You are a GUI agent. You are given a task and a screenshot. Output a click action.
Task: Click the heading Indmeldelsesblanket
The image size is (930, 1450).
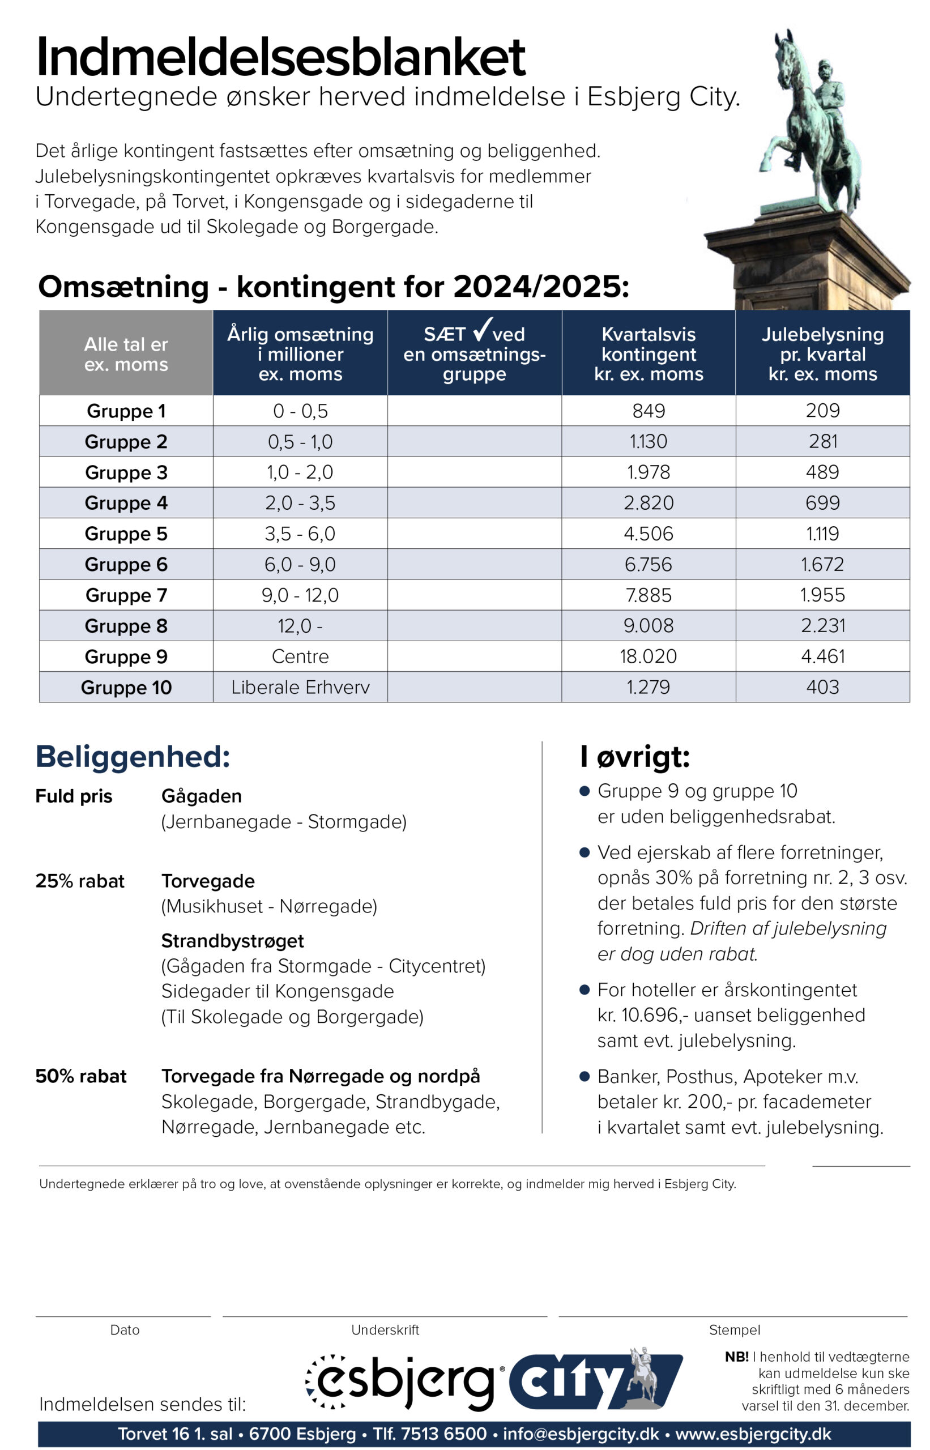(x=281, y=57)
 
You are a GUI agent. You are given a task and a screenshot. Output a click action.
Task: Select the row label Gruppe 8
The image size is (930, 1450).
(x=126, y=626)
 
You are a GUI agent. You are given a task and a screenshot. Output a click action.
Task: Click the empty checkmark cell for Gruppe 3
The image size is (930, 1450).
(x=474, y=472)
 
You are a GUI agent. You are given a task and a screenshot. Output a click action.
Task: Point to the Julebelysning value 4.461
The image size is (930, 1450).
(x=822, y=656)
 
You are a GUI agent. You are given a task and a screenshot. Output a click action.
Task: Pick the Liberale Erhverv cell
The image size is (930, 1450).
(x=300, y=686)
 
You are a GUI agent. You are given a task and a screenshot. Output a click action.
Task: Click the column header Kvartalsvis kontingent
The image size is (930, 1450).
(x=648, y=353)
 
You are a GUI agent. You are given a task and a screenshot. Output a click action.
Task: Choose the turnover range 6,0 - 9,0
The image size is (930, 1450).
(x=300, y=564)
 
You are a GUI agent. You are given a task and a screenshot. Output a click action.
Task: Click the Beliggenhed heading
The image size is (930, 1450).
(x=133, y=756)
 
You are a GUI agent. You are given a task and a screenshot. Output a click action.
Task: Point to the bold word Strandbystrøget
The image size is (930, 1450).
(x=232, y=940)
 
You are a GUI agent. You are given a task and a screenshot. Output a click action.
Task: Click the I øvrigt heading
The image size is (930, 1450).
(x=634, y=756)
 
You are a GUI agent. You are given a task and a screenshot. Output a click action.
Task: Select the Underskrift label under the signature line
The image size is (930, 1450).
(x=385, y=1329)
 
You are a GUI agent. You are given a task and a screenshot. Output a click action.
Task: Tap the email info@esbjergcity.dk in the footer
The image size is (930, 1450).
(x=581, y=1433)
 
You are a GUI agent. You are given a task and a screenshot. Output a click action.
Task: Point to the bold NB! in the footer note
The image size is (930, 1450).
(x=736, y=1357)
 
